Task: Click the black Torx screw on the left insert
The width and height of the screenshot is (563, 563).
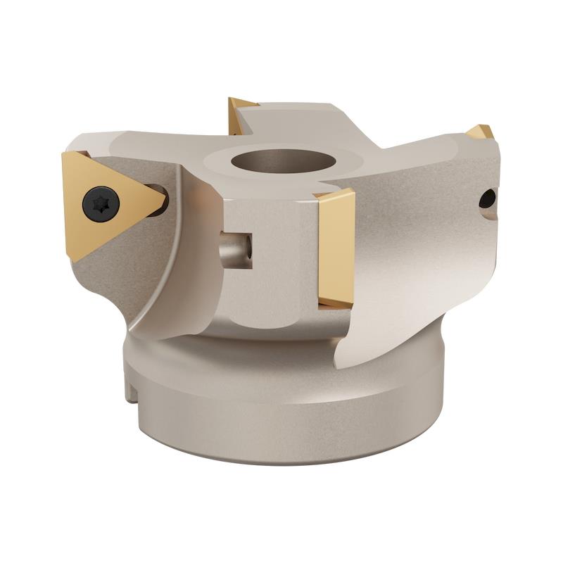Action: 101,204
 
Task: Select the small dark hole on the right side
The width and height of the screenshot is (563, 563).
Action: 487,199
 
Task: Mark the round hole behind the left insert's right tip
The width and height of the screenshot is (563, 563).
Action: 163,191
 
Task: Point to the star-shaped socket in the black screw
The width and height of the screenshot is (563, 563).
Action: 101,204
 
